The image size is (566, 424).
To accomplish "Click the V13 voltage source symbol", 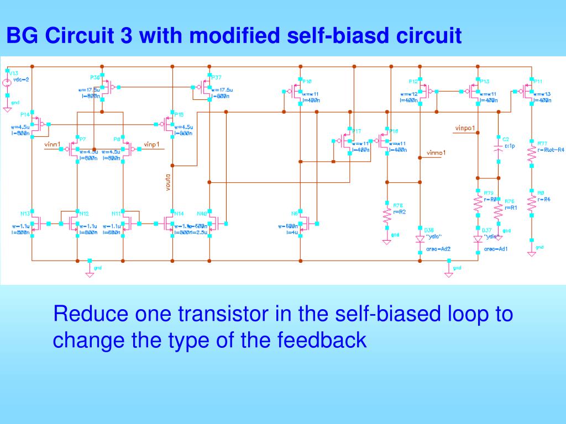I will (x=7, y=83).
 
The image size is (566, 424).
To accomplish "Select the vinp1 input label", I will (x=151, y=145).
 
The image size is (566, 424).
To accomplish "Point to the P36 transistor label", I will (x=95, y=77).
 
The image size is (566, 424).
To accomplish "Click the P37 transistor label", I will (x=216, y=77).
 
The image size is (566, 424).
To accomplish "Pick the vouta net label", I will (x=168, y=182).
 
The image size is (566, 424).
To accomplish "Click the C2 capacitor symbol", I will (x=499, y=148).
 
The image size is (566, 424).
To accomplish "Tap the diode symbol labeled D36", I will (x=420, y=239).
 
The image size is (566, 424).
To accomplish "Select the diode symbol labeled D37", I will (x=478, y=239).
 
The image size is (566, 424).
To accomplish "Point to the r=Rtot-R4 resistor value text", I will (x=552, y=150).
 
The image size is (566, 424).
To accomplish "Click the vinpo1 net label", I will (x=465, y=128).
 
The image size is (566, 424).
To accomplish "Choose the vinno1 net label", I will (x=436, y=152).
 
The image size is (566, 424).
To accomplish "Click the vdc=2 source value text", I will (x=20, y=79).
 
